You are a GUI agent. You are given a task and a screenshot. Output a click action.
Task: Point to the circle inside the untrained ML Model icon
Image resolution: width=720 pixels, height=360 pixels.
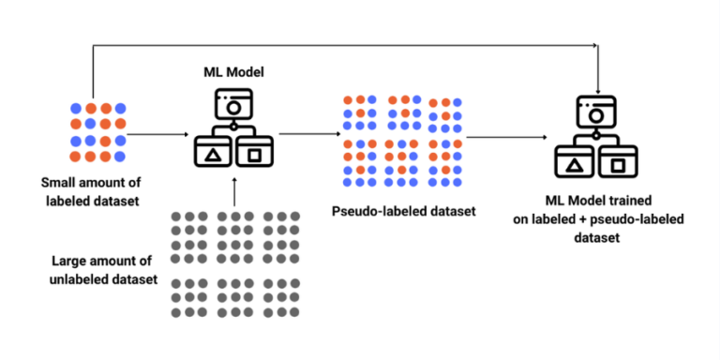[233, 109]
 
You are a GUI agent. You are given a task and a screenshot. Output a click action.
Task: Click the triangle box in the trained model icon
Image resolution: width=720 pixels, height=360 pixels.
[574, 166]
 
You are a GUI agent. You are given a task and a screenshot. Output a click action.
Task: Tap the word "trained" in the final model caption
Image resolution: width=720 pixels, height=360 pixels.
[629, 201]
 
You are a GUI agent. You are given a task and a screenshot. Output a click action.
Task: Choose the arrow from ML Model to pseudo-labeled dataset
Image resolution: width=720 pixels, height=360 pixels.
[309, 133]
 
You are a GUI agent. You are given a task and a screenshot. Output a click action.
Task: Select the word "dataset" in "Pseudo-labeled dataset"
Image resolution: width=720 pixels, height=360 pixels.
[451, 211]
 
